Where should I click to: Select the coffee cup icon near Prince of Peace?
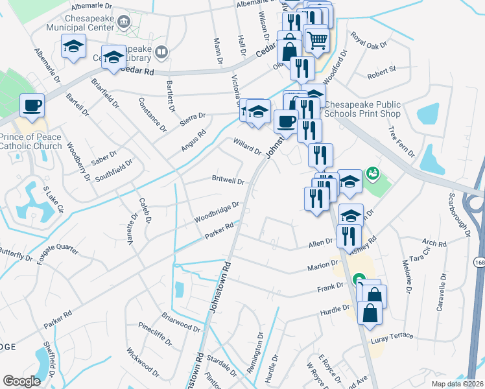coord(32,104)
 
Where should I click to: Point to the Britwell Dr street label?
coord(228,181)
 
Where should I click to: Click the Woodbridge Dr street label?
coord(218,212)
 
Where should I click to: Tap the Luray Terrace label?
coord(392,338)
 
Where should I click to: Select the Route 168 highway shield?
coord(479,262)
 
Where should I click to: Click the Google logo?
coord(21,381)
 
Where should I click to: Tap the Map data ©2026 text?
coord(458,383)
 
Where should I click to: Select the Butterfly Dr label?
coord(16,253)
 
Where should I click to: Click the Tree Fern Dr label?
coord(401,141)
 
